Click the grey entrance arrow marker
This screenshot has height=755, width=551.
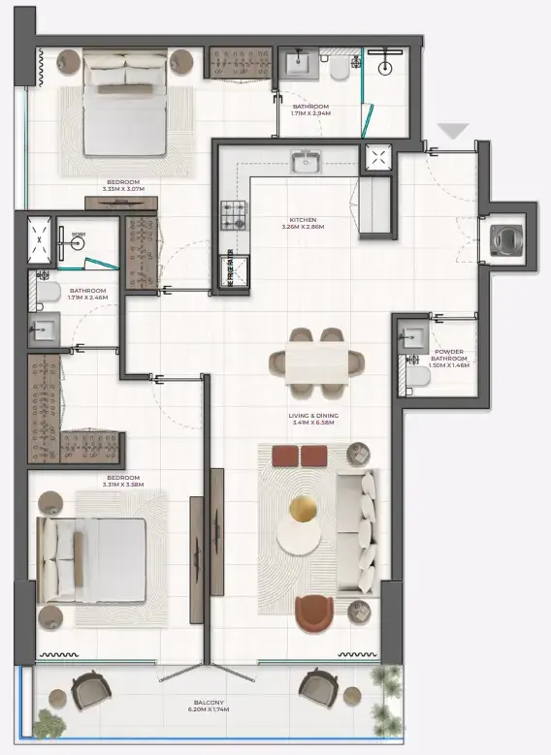click(x=453, y=131)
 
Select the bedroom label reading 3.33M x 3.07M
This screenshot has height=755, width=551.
click(x=123, y=185)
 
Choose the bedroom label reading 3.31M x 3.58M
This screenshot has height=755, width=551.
click(x=123, y=481)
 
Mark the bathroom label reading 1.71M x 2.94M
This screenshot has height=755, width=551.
click(x=310, y=110)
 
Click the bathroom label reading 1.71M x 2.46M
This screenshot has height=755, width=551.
click(x=86, y=294)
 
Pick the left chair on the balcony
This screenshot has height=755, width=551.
click(x=90, y=690)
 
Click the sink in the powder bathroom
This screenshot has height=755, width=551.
click(x=410, y=335)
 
